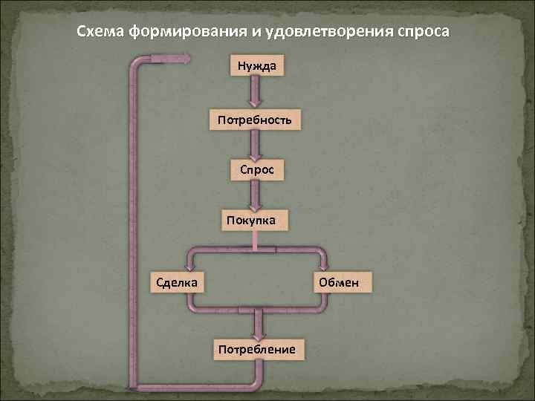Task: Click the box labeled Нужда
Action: [256, 67]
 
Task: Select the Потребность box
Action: [255, 119]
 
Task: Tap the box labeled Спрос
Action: [256, 169]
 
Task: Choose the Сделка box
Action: [172, 282]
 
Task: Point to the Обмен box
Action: [338, 282]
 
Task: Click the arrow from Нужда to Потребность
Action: [256, 93]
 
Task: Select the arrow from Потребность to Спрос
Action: [256, 144]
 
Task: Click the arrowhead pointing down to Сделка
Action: [189, 267]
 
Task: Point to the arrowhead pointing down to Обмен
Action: [324, 267]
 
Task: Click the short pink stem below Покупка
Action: [256, 239]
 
